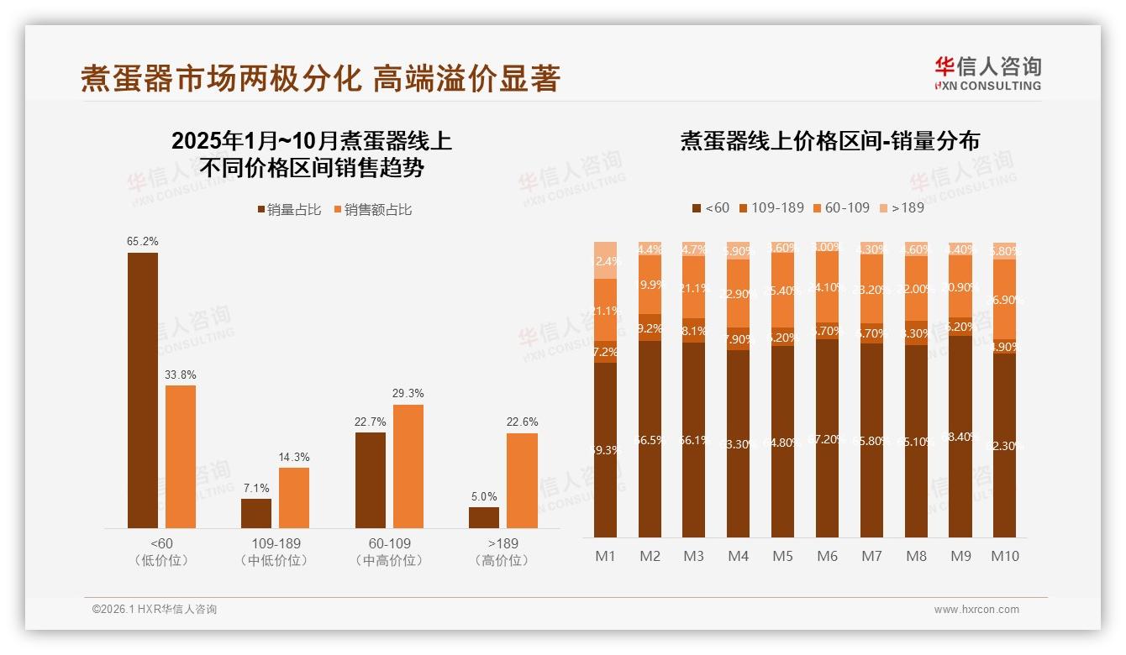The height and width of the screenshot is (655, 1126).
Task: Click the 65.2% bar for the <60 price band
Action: [143, 390]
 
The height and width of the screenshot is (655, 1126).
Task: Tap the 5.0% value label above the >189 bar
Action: [484, 497]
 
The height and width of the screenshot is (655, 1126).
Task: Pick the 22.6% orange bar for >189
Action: [522, 480]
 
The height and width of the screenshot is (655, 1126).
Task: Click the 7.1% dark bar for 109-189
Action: [256, 513]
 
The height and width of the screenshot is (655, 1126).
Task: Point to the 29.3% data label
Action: [408, 393]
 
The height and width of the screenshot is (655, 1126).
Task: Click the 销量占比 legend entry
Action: [290, 210]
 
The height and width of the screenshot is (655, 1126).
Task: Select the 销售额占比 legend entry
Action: [373, 210]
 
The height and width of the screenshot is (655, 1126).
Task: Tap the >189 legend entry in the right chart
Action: [902, 207]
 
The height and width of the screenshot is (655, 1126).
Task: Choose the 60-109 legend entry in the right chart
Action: [842, 207]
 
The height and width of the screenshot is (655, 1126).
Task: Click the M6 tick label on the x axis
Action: [827, 556]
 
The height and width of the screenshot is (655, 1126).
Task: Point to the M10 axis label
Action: [1004, 556]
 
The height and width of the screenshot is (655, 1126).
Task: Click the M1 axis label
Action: [606, 556]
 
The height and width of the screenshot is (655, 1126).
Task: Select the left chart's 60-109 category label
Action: [390, 544]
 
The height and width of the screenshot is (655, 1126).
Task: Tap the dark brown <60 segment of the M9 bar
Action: [960, 437]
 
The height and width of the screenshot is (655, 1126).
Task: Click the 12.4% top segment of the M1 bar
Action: [606, 260]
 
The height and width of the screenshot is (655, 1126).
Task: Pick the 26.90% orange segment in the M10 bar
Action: [1004, 299]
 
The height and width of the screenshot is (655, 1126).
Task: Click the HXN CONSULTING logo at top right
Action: [987, 73]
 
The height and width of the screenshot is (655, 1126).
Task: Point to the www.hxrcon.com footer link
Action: [976, 610]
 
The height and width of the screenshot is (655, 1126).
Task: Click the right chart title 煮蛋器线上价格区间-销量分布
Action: [829, 141]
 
